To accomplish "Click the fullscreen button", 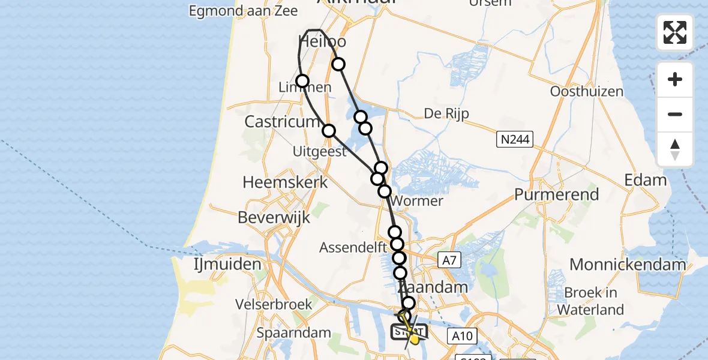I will pos(675,32).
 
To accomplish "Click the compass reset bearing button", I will pos(675,149).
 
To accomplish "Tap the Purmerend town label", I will pos(557,194).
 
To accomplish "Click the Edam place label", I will pos(646,180).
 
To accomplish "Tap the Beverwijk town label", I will pos(274,217).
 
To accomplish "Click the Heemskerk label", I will pos(285,182).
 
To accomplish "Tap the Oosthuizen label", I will pos(587,92).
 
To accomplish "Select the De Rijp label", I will pos(446,113).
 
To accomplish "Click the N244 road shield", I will pos(515,140).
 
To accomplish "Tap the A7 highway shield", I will pos(451,260).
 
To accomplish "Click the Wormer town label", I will pos(420,201).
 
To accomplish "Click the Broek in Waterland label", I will pos(590,301).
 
